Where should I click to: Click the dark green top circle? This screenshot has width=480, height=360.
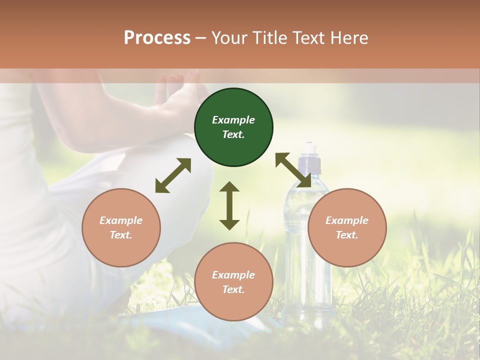click(x=233, y=127)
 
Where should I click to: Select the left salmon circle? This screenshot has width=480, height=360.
click(x=121, y=227)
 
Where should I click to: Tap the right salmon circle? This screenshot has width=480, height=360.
click(x=347, y=227)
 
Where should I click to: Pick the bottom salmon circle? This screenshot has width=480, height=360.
click(x=233, y=282)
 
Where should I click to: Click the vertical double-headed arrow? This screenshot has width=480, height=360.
click(x=229, y=205)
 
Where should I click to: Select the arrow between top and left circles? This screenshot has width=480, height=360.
click(x=173, y=175)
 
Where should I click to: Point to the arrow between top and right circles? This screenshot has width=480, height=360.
click(x=293, y=170)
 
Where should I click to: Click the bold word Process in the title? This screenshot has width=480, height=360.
click(x=157, y=37)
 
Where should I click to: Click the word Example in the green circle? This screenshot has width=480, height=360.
click(x=233, y=120)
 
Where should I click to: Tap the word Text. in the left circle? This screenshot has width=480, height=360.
click(x=121, y=235)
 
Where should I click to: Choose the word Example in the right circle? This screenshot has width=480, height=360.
click(x=347, y=220)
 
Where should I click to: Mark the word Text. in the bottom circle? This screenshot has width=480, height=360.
click(x=233, y=289)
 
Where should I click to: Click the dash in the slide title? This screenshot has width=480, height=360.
click(x=200, y=38)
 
